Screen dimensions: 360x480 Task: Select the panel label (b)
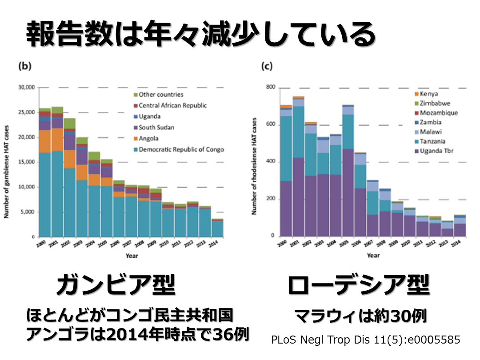coord(24,66)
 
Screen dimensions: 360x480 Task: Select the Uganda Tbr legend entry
coord(435,151)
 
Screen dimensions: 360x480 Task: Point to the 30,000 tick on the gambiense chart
coord(26,88)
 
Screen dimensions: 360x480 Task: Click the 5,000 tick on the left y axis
coord(28,212)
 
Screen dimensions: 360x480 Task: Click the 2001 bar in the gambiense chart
coord(57,173)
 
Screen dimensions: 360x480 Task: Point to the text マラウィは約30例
coord(361,316)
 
